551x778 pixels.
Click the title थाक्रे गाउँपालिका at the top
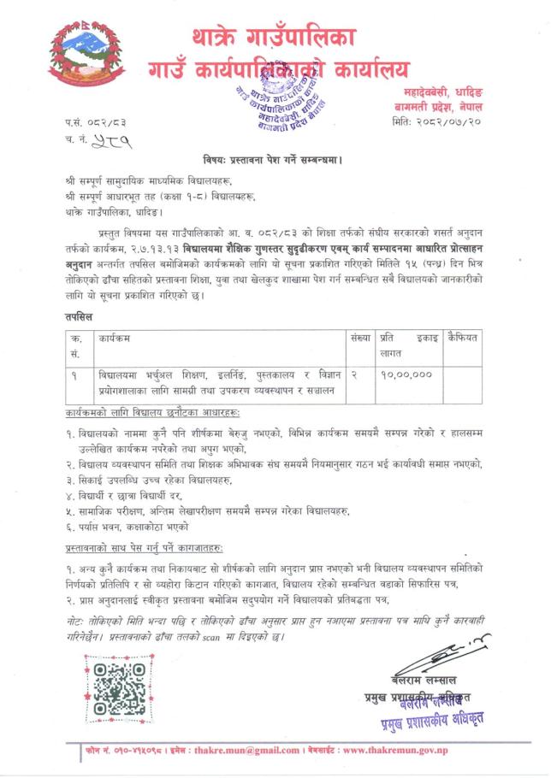pyautogui.click(x=274, y=38)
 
